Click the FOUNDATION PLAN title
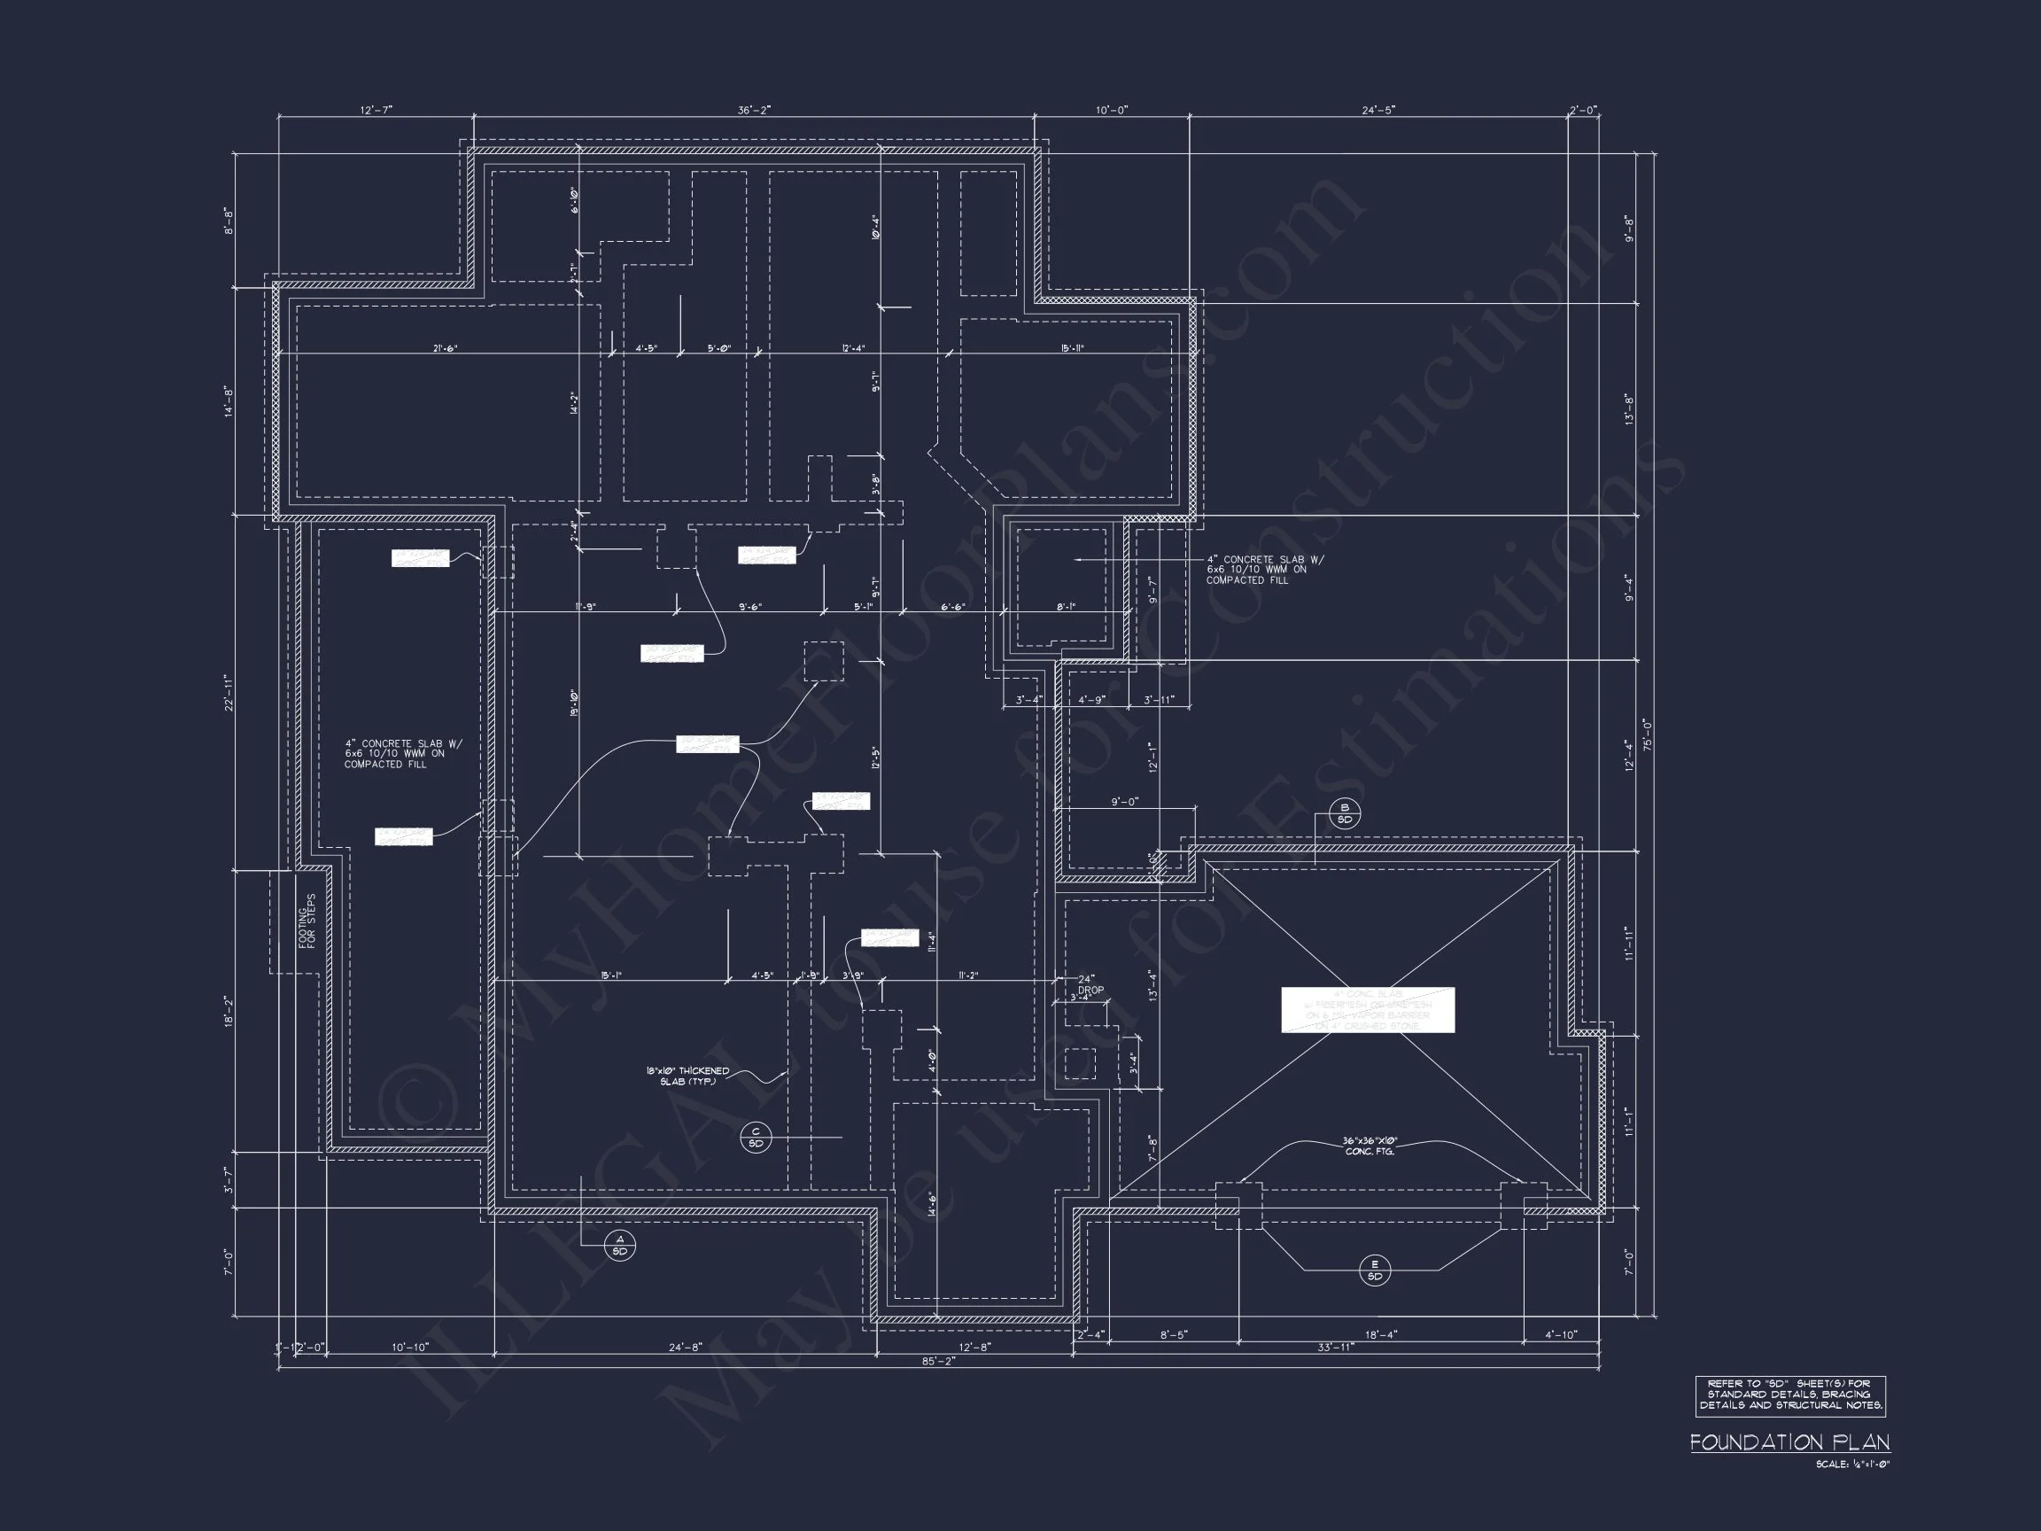click(x=1789, y=1442)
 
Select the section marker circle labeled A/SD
click(x=620, y=1245)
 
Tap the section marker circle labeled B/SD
click(x=1345, y=814)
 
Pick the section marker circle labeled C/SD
click(x=756, y=1138)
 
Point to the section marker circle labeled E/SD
click(x=1375, y=1270)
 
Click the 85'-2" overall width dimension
click(x=937, y=1360)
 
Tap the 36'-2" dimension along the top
click(x=754, y=110)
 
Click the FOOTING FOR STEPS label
click(x=307, y=921)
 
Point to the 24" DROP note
click(x=1089, y=983)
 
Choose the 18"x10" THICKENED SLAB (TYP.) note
click(x=687, y=1076)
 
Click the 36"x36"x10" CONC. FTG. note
click(x=1370, y=1146)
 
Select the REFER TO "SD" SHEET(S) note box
click(x=1789, y=1395)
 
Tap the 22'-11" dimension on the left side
click(x=228, y=692)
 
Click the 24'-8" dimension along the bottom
click(x=685, y=1348)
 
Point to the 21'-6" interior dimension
click(x=445, y=349)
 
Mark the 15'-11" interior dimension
click(x=1071, y=349)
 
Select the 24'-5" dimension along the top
click(x=1378, y=110)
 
